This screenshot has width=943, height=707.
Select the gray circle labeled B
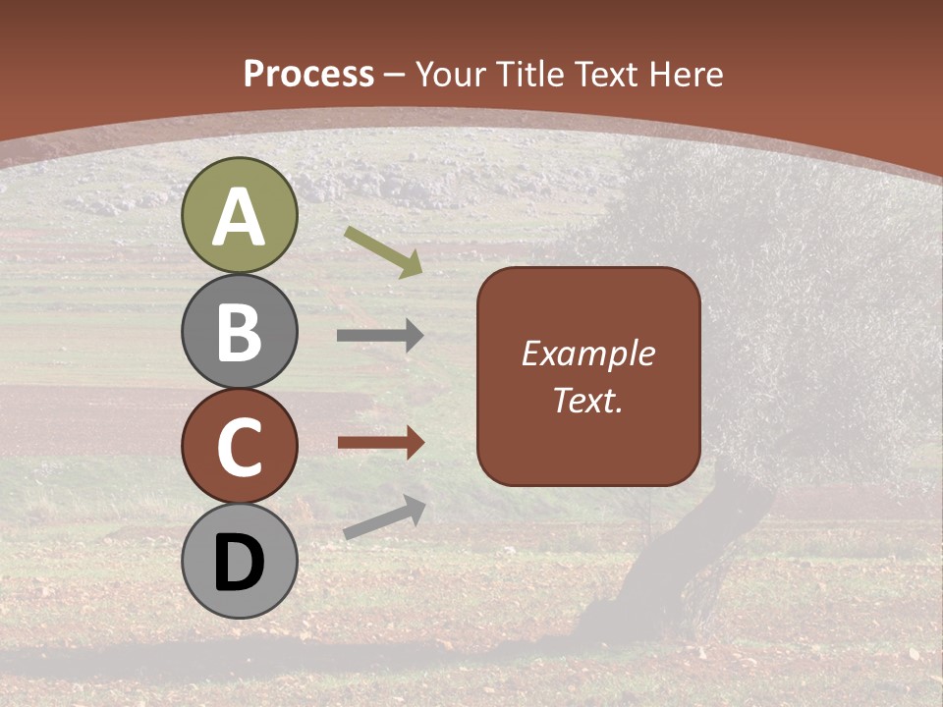240,332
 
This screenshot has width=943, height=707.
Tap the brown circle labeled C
240,446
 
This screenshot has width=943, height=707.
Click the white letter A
240,217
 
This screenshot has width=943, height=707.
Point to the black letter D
240,563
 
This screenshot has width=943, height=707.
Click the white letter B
240,332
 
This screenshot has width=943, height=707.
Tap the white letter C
240,447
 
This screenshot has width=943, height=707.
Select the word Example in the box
588,353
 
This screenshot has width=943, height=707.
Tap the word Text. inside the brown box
588,401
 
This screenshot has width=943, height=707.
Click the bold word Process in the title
308,74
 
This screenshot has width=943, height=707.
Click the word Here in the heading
684,74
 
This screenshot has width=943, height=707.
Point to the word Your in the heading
451,74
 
